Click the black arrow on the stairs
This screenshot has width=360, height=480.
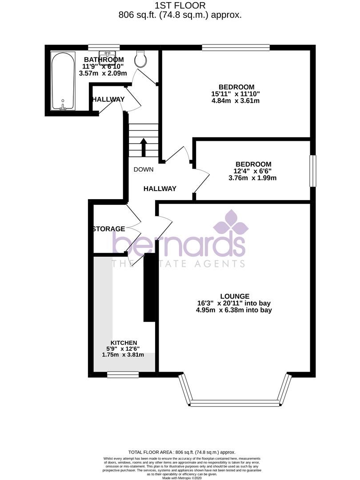pos(144,147)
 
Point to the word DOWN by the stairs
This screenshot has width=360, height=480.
pos(143,169)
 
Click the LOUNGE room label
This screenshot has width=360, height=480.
pos(235,296)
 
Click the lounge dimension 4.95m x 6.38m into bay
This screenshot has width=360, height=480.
pos(235,310)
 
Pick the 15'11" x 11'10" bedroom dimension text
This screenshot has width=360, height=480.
pos(236,94)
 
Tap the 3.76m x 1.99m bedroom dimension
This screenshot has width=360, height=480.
pos(252,178)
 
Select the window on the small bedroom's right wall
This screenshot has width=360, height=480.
pos(313,171)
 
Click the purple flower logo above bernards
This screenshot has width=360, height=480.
pos(231,223)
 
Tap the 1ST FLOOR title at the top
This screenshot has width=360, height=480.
pos(180,6)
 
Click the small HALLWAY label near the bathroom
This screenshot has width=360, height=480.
pos(108,100)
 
